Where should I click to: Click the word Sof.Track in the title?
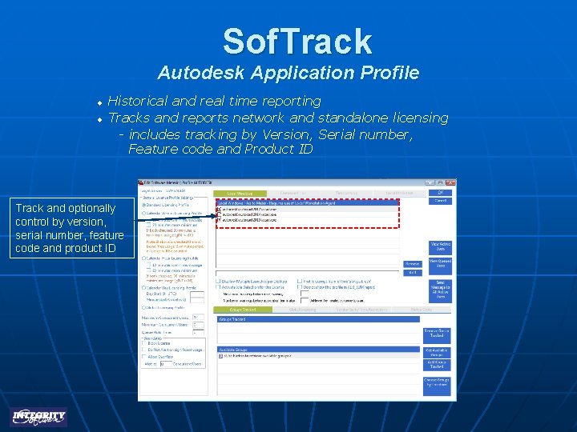point(297,41)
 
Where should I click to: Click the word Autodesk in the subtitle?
point(200,73)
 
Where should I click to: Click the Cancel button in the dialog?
point(440,202)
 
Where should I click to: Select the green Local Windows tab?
point(240,193)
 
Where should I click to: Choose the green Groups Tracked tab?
point(243,309)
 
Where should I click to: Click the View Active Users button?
point(440,246)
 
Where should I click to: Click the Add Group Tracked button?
point(437,364)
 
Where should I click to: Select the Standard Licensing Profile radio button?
point(143,205)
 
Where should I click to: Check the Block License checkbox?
point(143,343)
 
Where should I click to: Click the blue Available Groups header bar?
point(319,349)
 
